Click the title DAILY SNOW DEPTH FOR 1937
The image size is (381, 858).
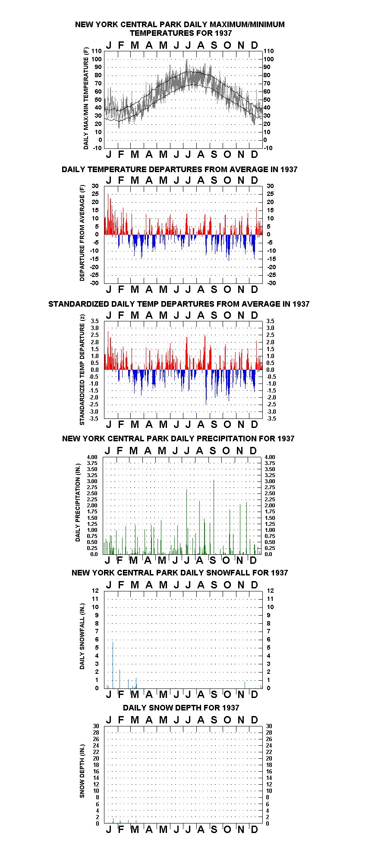(x=181, y=707)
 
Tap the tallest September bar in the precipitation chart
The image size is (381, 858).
(x=214, y=517)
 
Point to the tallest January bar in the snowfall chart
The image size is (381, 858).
(x=113, y=665)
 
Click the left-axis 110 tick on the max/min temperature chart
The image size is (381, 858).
(x=97, y=51)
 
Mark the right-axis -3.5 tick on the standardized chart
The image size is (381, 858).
(x=271, y=418)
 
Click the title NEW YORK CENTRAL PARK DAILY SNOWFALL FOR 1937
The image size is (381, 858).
(x=179, y=573)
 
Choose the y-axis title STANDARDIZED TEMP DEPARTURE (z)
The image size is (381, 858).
(x=82, y=370)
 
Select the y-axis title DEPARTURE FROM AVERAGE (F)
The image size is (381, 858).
(x=82, y=233)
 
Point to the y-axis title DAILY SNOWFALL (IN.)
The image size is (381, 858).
(x=82, y=636)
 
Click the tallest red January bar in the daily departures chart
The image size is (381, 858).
(x=108, y=214)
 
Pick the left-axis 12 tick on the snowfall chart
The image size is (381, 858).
(x=95, y=591)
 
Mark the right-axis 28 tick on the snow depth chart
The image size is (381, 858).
(x=269, y=732)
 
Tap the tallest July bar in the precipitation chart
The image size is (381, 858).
(x=186, y=522)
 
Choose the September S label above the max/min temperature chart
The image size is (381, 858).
(x=214, y=45)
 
